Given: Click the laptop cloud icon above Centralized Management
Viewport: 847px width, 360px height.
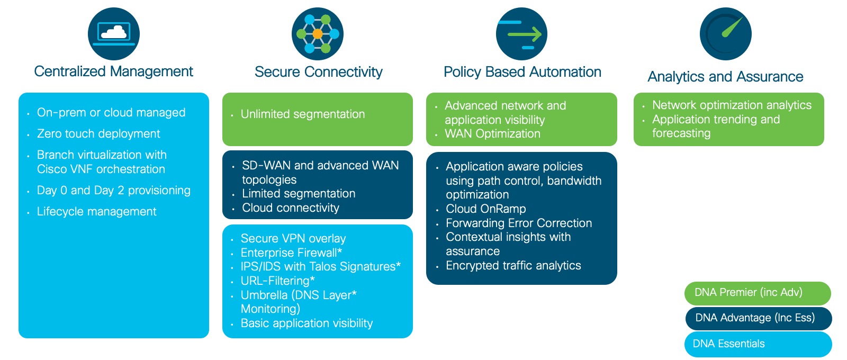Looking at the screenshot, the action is (114, 34).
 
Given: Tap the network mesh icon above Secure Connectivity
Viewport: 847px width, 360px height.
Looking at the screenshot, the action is (318, 34).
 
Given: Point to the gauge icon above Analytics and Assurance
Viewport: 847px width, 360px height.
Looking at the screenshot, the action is (726, 34).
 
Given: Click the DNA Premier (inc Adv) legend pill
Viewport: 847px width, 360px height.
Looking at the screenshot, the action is (758, 293).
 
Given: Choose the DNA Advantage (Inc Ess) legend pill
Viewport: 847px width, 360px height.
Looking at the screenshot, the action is (758, 318).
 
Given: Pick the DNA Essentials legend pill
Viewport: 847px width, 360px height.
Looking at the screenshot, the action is (758, 344).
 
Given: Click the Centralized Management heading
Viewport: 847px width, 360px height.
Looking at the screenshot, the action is (113, 71).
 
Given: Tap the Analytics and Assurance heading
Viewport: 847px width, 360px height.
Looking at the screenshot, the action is (725, 77).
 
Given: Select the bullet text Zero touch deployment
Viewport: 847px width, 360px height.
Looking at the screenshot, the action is (98, 133).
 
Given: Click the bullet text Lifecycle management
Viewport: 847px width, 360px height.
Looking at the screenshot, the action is (96, 211).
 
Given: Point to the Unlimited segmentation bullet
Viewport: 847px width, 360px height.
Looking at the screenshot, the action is (303, 114).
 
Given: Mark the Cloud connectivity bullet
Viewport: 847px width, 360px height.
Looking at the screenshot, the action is (291, 208).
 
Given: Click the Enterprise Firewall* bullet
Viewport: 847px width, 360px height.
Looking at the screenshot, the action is (291, 252).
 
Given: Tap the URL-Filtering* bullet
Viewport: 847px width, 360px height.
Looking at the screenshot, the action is (277, 281).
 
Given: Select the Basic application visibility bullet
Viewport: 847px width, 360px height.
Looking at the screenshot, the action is (307, 323).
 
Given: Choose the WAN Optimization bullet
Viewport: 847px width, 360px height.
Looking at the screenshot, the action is (492, 133).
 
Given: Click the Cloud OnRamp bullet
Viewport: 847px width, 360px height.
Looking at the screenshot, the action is (486, 209).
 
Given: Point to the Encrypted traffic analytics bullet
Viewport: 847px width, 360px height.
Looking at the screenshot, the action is (513, 265).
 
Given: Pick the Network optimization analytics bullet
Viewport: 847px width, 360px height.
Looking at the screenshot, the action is (732, 105).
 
